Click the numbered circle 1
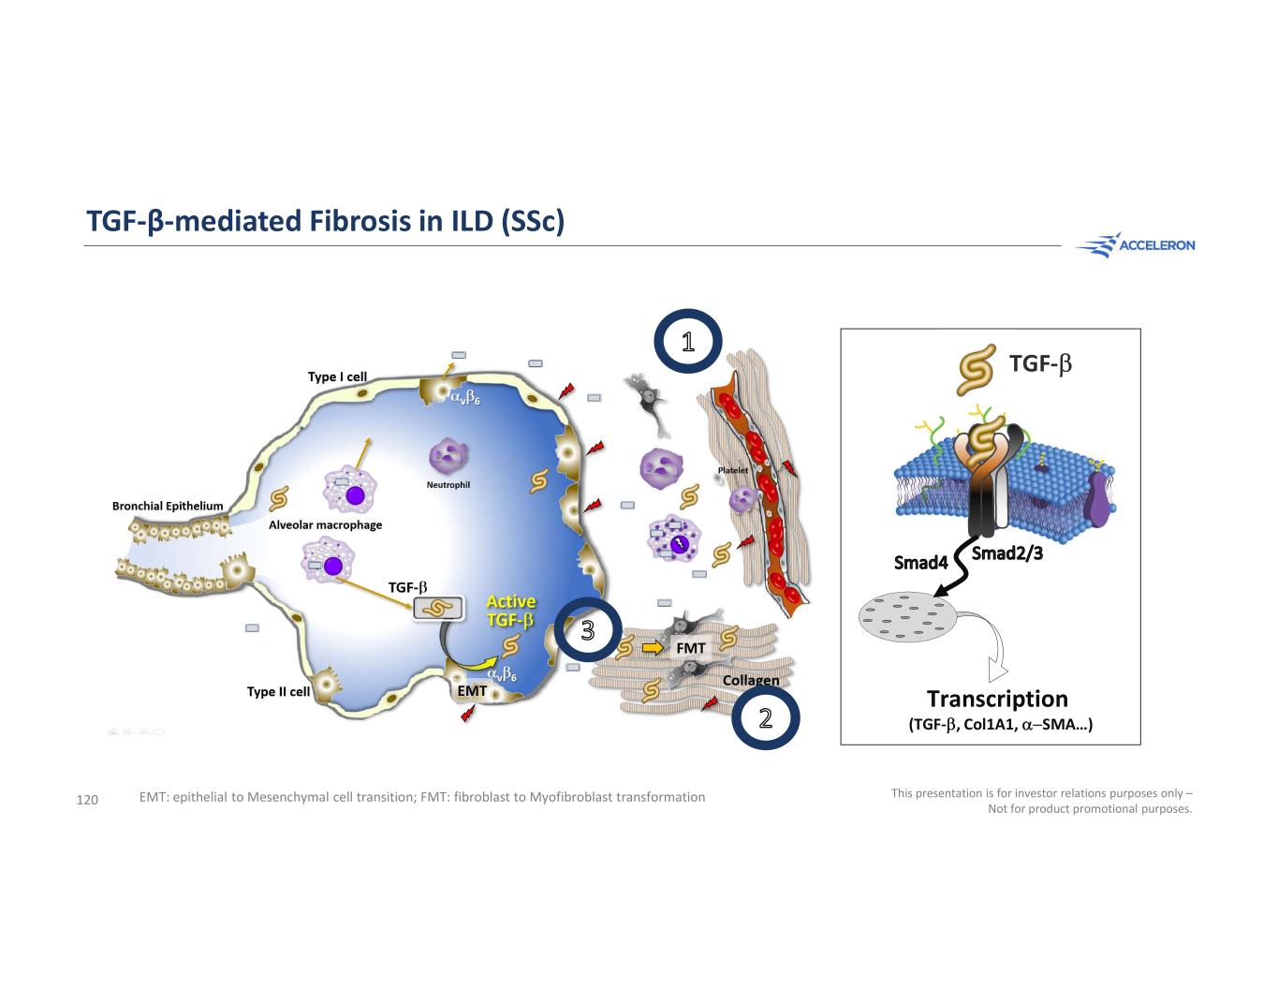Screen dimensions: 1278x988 tap(687, 341)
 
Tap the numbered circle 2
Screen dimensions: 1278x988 tap(765, 717)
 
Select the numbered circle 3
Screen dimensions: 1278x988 tap(588, 629)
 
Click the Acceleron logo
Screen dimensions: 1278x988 tap(1135, 244)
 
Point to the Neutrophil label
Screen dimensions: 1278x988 tap(448, 484)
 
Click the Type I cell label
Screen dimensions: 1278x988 tap(337, 376)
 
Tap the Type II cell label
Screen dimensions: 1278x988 tap(278, 691)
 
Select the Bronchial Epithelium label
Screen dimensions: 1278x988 tap(168, 506)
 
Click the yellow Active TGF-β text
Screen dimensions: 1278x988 tap(510, 611)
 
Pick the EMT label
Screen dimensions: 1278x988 tap(472, 690)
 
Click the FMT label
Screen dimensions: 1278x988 tap(690, 648)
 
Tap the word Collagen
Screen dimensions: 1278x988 tap(751, 681)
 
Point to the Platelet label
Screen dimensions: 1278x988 tap(733, 470)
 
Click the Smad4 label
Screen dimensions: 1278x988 tap(920, 563)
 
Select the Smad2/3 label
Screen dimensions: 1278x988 tap(1006, 553)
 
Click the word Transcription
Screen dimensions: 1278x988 tap(997, 699)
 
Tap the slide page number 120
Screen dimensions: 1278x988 tap(87, 800)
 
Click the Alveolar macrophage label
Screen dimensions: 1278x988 tap(325, 524)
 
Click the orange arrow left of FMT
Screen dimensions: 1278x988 tap(653, 648)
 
